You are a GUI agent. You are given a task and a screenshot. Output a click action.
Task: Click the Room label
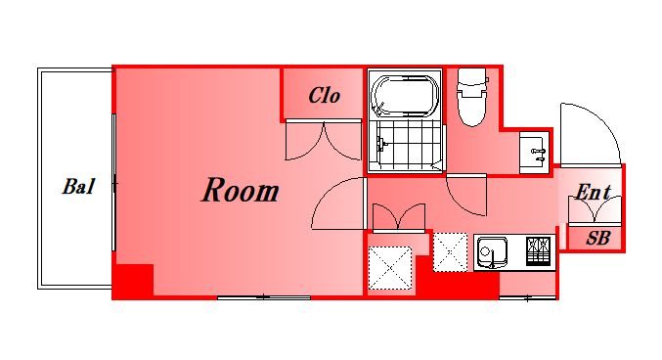241,190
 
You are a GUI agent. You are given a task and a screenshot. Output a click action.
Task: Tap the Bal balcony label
78,186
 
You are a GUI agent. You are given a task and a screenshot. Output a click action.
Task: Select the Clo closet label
325,96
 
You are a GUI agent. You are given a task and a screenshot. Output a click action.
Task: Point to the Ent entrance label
594,193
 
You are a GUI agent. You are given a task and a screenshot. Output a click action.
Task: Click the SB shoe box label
598,239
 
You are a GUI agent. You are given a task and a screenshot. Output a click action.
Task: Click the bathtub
405,96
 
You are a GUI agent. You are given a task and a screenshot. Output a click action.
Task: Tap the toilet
471,98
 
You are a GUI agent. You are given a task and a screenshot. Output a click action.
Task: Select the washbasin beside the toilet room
534,153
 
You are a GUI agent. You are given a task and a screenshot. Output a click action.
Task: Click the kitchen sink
492,252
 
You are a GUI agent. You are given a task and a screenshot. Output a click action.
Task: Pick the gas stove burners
538,251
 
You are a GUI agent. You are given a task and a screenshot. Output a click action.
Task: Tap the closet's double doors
324,141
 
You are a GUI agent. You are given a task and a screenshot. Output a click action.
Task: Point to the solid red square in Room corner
133,280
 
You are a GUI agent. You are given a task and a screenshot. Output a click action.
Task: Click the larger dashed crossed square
390,268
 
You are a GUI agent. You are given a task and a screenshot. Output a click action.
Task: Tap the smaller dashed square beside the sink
451,252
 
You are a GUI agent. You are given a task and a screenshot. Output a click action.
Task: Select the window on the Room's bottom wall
264,298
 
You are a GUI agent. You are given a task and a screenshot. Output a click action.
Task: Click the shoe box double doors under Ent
595,210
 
